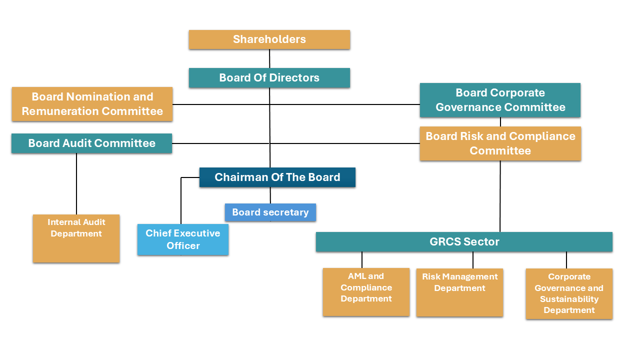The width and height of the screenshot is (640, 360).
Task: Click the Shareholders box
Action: coord(269,39)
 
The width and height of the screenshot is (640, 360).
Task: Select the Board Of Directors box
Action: coord(269,78)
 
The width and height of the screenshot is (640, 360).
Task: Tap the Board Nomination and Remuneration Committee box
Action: coord(92,104)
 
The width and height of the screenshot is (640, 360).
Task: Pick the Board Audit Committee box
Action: coord(91,143)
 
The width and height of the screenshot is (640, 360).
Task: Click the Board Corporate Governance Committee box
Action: coord(500,100)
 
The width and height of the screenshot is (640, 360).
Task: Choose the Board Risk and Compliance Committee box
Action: coord(500,143)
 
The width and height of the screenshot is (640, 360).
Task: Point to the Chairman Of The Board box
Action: coord(277,177)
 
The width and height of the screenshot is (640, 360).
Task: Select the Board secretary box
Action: coord(270,212)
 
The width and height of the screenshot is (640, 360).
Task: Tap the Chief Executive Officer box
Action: coord(183,239)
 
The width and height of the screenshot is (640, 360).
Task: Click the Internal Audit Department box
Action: coord(76,238)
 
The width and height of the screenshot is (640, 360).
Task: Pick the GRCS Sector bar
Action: coord(464,242)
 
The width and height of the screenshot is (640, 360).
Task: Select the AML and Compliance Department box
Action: coord(366,292)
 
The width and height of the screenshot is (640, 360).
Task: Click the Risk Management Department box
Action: coord(459,292)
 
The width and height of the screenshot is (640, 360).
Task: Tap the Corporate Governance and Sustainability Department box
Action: coord(569,293)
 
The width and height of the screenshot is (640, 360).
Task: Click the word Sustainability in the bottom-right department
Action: coord(569,299)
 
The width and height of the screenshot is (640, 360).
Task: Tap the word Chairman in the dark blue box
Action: coord(237,177)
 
